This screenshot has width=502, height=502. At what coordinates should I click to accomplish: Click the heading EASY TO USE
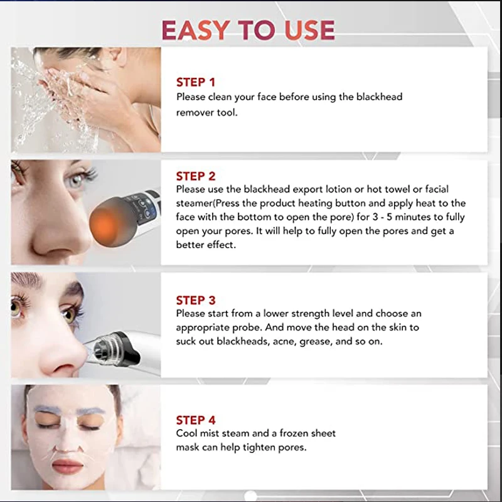click(248, 29)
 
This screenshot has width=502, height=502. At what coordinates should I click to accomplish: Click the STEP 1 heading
click(195, 82)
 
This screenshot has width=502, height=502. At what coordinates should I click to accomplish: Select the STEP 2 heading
click(195, 176)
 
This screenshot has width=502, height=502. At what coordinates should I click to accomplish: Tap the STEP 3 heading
click(195, 300)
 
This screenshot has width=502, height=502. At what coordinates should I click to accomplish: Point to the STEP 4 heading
click(195, 420)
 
